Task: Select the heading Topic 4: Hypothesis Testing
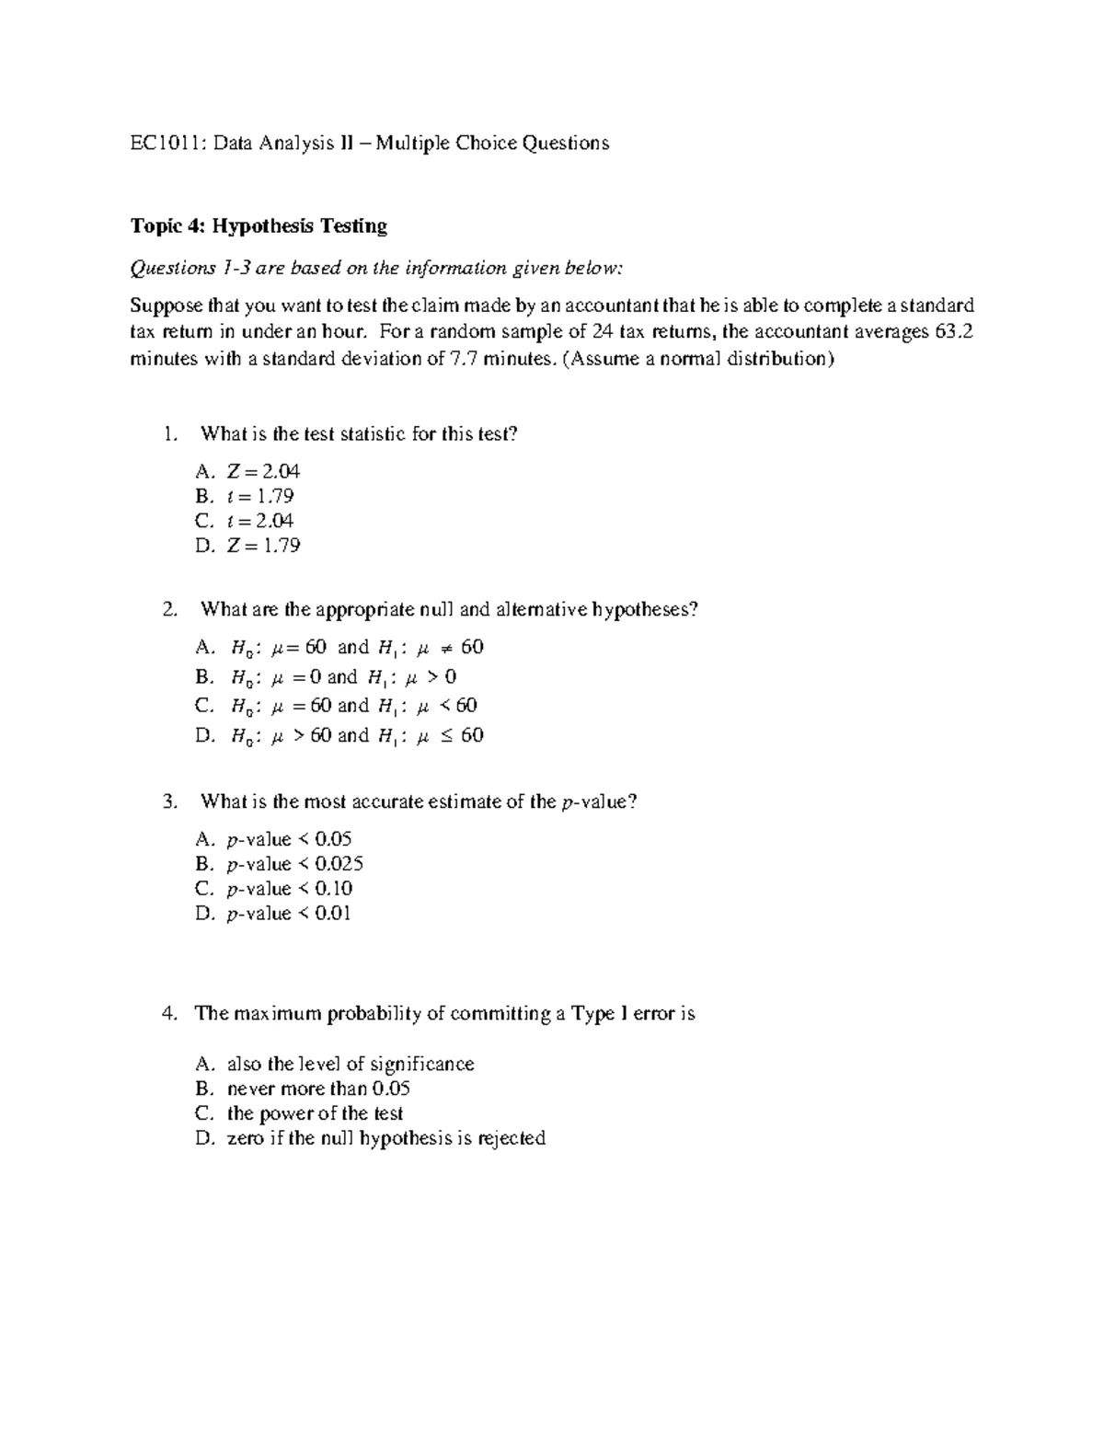(259, 226)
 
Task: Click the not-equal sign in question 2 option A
(445, 648)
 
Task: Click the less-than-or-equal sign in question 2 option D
(445, 735)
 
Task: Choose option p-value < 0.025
(294, 864)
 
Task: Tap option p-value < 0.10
(289, 889)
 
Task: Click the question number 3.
(168, 801)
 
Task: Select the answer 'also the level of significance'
(350, 1065)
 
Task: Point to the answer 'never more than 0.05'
(318, 1089)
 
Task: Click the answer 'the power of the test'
(315, 1114)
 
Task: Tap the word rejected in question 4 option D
(512, 1139)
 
